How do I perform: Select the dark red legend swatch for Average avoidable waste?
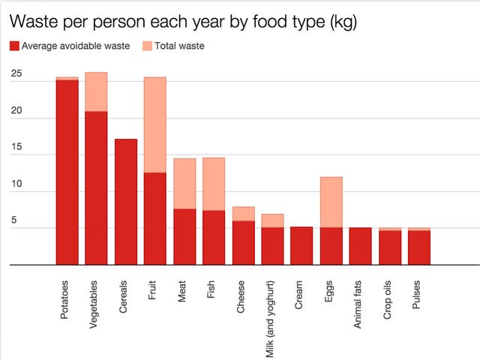coord(13,46)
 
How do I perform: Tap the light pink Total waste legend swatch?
coord(145,46)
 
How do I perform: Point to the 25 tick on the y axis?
coord(16,75)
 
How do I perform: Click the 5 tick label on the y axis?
coord(13,221)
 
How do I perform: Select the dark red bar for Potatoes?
coord(67,172)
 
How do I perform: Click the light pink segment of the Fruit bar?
coord(154,124)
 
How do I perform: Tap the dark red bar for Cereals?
coord(125,202)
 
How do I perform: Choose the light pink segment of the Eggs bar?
coord(331,202)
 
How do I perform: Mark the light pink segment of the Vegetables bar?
coord(96,91)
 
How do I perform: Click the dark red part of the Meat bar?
coord(184,236)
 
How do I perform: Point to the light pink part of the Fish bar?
coord(214,184)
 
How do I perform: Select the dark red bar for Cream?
coord(301,245)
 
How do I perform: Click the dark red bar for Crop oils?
coord(389,247)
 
